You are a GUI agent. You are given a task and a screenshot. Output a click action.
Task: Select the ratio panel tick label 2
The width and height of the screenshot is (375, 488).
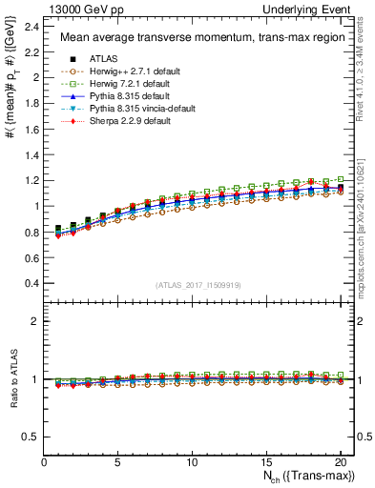coord(35,321)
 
